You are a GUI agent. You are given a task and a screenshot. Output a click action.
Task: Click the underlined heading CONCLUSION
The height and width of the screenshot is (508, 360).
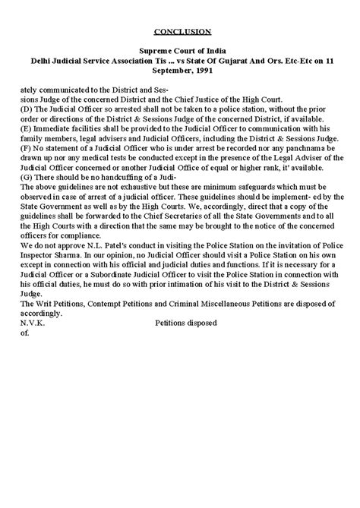183,32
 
